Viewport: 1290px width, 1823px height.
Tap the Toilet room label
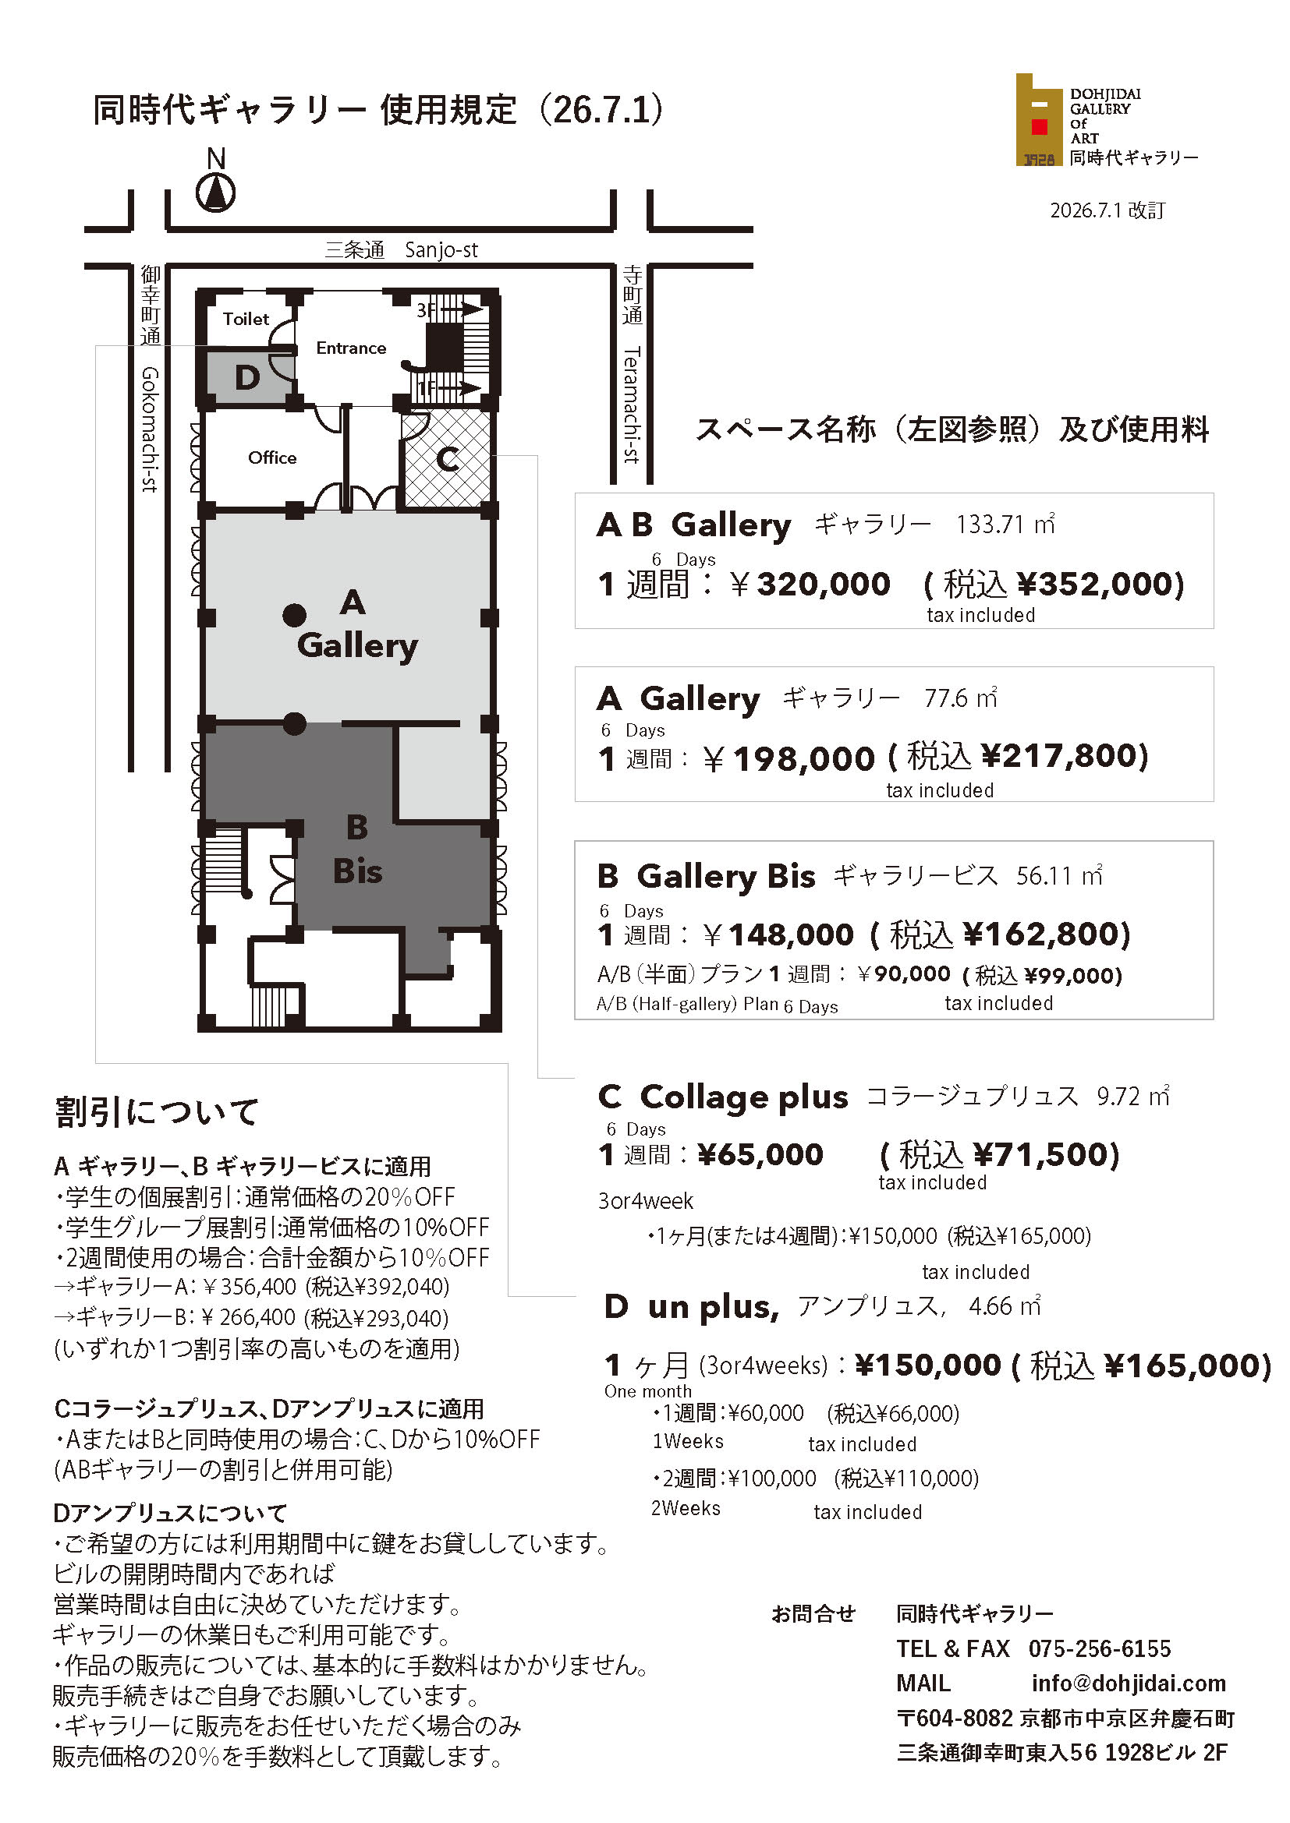point(246,320)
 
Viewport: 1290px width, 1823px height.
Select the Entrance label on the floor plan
point(350,348)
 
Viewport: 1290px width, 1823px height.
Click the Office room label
point(271,458)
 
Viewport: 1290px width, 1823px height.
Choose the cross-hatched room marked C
point(446,458)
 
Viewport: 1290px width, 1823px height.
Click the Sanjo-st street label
point(441,250)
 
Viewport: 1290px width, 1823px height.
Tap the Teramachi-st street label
point(632,405)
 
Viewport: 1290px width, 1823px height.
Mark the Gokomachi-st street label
point(149,429)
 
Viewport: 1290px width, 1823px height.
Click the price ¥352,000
point(1100,585)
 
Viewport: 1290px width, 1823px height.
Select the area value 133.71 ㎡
point(1005,525)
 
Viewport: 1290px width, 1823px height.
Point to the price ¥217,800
point(1065,756)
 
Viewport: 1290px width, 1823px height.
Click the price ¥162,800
point(1046,934)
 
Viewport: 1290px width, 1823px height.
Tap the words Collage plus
point(743,1097)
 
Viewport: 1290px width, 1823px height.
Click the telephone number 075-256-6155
point(1100,1649)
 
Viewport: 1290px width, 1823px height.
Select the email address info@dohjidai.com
point(1129,1683)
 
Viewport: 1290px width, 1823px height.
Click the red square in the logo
point(1039,126)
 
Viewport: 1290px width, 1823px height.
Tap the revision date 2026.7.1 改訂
point(1107,210)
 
